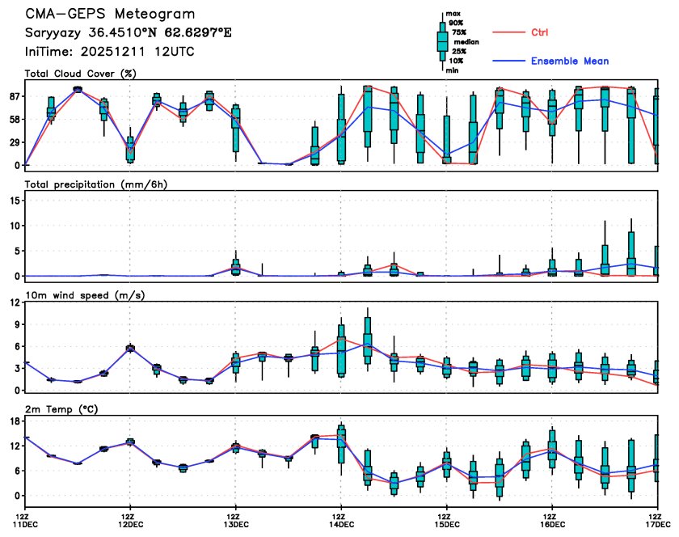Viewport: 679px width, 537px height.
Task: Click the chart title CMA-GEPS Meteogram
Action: pyautogui.click(x=109, y=15)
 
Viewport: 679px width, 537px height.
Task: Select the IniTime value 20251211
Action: pyautogui.click(x=128, y=52)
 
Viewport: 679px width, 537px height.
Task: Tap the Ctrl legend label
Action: pyautogui.click(x=540, y=32)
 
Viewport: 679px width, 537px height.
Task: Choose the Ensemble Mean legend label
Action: pyautogui.click(x=570, y=61)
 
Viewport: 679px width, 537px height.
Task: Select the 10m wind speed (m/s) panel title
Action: pyautogui.click(x=85, y=295)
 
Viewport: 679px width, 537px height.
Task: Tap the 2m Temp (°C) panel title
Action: pyautogui.click(x=64, y=408)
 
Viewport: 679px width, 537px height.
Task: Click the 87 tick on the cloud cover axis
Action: pyautogui.click(x=13, y=96)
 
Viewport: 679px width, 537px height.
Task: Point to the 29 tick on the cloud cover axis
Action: pyautogui.click(x=13, y=142)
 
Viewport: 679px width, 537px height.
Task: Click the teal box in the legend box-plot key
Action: pyautogui.click(x=442, y=40)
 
